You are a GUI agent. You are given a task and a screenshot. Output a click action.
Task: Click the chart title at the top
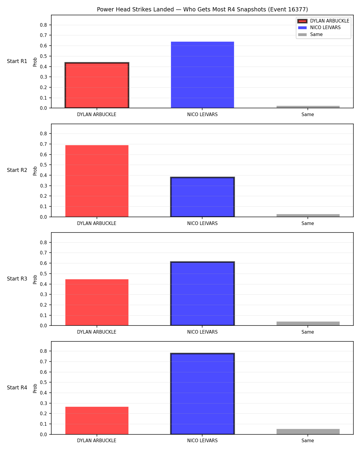click(202, 9)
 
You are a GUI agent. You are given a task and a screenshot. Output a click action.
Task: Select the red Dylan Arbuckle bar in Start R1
click(97, 85)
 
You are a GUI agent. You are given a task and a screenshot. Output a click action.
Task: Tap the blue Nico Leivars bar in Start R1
click(202, 75)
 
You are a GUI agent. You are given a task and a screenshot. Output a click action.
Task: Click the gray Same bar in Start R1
click(308, 107)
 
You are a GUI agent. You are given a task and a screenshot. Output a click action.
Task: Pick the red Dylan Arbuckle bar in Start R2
click(97, 181)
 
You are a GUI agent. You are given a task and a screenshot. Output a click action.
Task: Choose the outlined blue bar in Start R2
click(202, 197)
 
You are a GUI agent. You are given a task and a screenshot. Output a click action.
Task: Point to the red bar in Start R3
click(97, 302)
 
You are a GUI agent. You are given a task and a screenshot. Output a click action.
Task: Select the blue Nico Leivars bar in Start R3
click(202, 294)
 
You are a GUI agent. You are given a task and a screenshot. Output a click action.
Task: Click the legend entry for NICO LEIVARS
click(319, 28)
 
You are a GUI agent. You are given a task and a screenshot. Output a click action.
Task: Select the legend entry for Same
click(310, 34)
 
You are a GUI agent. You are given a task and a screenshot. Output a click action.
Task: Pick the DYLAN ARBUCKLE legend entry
click(323, 21)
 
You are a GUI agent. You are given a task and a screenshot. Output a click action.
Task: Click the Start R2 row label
click(17, 170)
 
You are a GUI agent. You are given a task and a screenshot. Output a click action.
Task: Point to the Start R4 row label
click(17, 388)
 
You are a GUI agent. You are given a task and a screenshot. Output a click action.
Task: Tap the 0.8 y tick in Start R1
click(43, 25)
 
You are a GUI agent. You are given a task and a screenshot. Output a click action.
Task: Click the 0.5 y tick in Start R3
click(43, 274)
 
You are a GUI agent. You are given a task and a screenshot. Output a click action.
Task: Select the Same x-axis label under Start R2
click(308, 223)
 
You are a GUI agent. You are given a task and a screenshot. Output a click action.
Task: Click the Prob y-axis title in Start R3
click(35, 280)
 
